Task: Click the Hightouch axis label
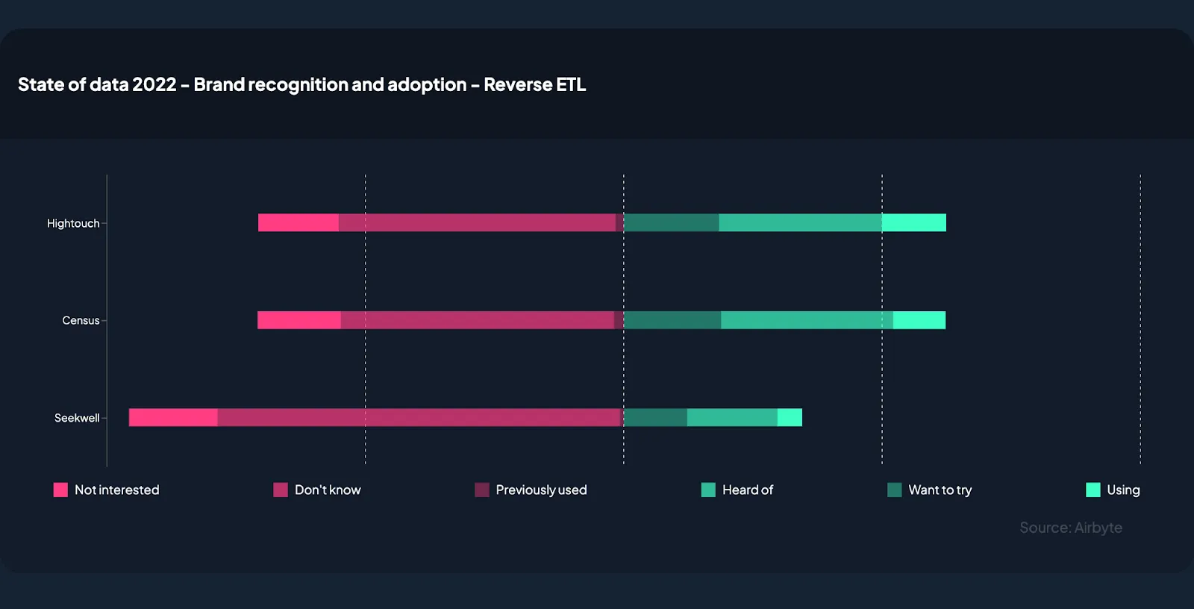click(x=73, y=223)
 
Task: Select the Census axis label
click(x=81, y=320)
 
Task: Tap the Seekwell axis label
click(x=77, y=418)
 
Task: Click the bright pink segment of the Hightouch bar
click(x=298, y=222)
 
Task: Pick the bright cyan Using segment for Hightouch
click(x=914, y=222)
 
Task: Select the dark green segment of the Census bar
click(x=672, y=320)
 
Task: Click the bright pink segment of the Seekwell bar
click(x=173, y=417)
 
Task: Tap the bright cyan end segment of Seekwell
click(x=790, y=417)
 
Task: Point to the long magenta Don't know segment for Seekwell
click(x=418, y=417)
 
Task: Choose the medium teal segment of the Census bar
click(x=807, y=320)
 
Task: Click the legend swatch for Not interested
click(x=60, y=490)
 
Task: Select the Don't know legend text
click(x=328, y=490)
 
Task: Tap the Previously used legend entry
click(x=541, y=490)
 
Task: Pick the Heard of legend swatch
click(x=708, y=490)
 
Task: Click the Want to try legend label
click(x=940, y=490)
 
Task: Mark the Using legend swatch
click(x=1093, y=490)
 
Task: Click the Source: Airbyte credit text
click(x=1071, y=528)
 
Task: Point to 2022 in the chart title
click(x=154, y=84)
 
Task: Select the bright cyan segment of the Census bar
click(x=919, y=320)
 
